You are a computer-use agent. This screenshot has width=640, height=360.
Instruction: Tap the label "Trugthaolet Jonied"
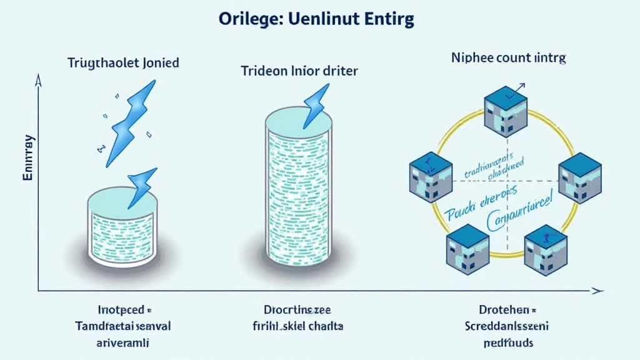tap(124, 62)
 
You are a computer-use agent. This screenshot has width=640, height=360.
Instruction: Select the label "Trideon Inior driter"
tap(299, 71)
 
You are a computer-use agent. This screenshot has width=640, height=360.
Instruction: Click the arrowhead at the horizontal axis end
tap(598, 291)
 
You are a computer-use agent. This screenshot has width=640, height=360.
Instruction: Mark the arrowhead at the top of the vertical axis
tap(39, 80)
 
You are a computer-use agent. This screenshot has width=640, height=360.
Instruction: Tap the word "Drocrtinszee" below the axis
tap(296, 309)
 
